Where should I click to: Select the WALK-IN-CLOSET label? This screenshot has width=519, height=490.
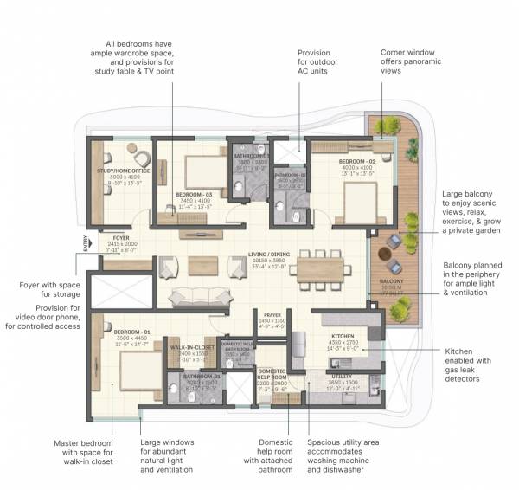[x=192, y=347]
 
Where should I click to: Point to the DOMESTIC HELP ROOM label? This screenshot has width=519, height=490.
[x=272, y=371]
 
